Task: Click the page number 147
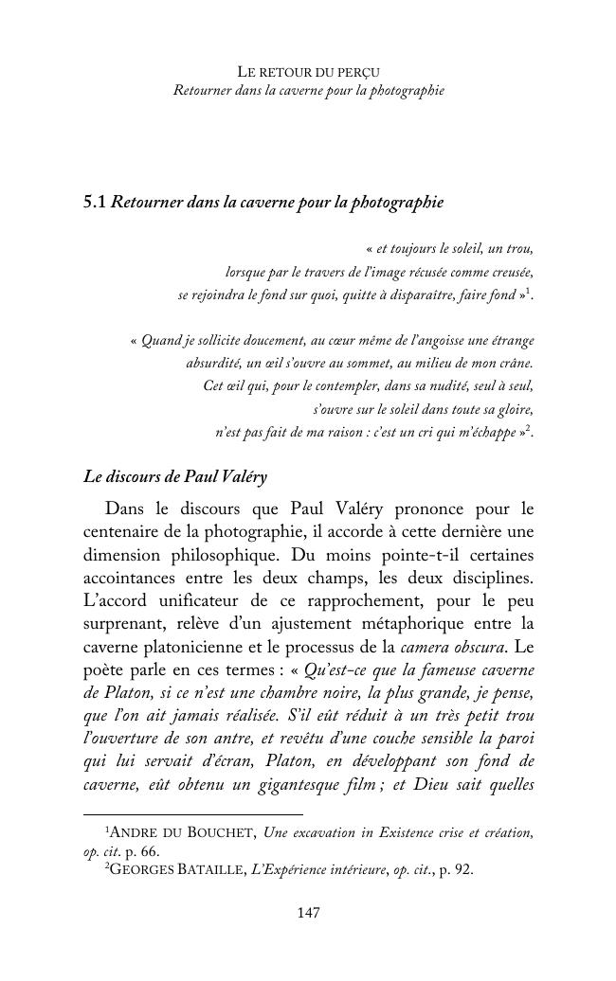(x=308, y=913)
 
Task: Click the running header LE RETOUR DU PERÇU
(x=308, y=72)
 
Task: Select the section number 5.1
(x=95, y=202)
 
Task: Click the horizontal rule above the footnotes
(x=193, y=813)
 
